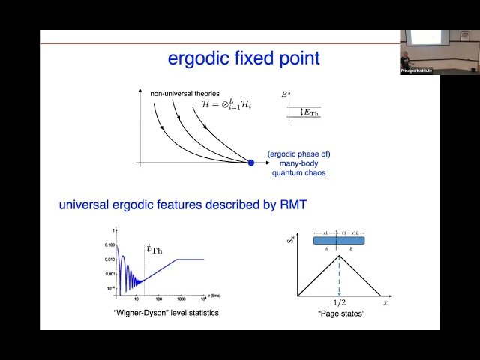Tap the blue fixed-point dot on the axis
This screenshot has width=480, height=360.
tap(251, 162)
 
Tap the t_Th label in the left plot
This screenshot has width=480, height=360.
tap(154, 249)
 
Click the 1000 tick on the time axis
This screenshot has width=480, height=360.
tap(181, 298)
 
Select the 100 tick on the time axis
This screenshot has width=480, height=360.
tap(160, 298)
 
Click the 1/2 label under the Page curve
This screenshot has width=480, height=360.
tap(340, 302)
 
